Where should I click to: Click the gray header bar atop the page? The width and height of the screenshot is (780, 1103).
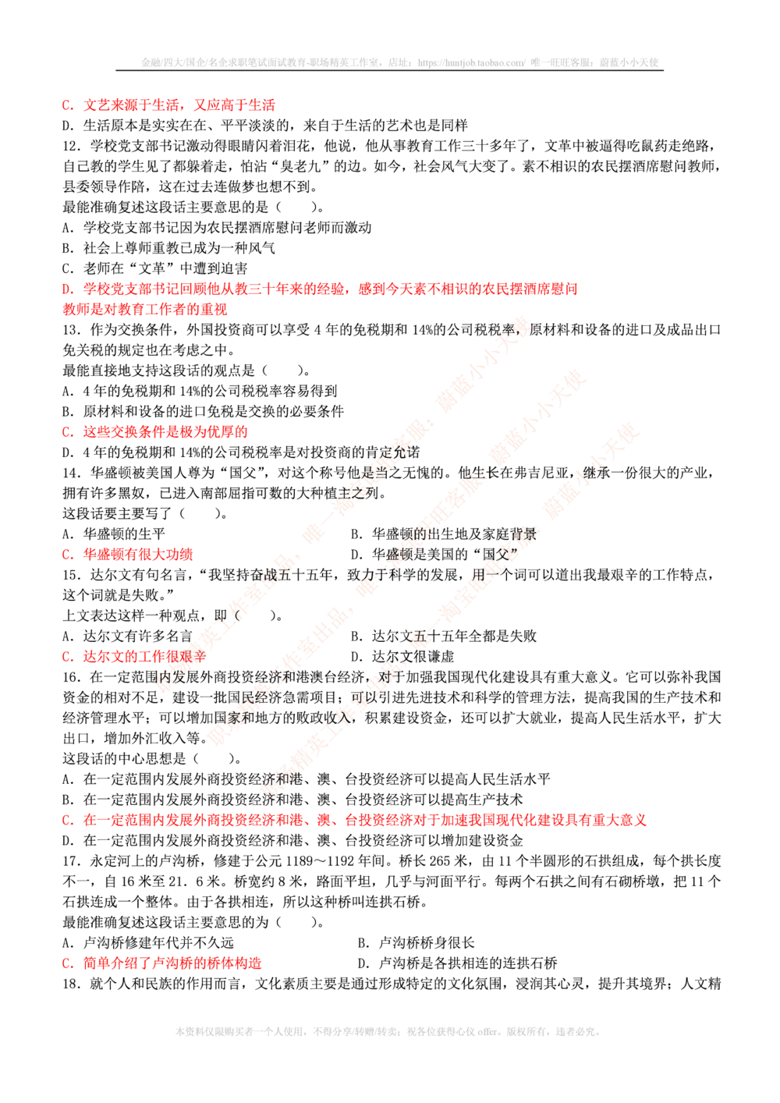tap(399, 62)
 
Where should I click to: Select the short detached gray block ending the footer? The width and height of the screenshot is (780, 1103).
tap(581, 1034)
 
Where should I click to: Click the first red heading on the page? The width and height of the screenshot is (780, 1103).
tap(178, 105)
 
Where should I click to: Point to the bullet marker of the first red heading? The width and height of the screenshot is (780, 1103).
tap(67, 105)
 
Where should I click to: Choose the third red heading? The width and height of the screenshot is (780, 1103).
tap(165, 432)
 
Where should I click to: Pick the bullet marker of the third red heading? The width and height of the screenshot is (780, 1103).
tap(67, 432)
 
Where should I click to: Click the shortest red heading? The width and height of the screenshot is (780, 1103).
tap(137, 555)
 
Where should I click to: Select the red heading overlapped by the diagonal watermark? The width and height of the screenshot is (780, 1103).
tap(144, 657)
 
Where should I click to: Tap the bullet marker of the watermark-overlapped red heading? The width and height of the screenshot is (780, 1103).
tap(67, 657)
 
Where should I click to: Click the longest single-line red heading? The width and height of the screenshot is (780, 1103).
tap(365, 821)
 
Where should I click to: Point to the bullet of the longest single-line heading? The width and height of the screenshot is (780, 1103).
tap(67, 821)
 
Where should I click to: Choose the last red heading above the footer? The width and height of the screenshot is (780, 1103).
tap(172, 964)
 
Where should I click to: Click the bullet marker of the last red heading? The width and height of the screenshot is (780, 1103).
tap(67, 964)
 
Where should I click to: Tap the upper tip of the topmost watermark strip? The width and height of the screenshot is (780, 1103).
tap(518, 319)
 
